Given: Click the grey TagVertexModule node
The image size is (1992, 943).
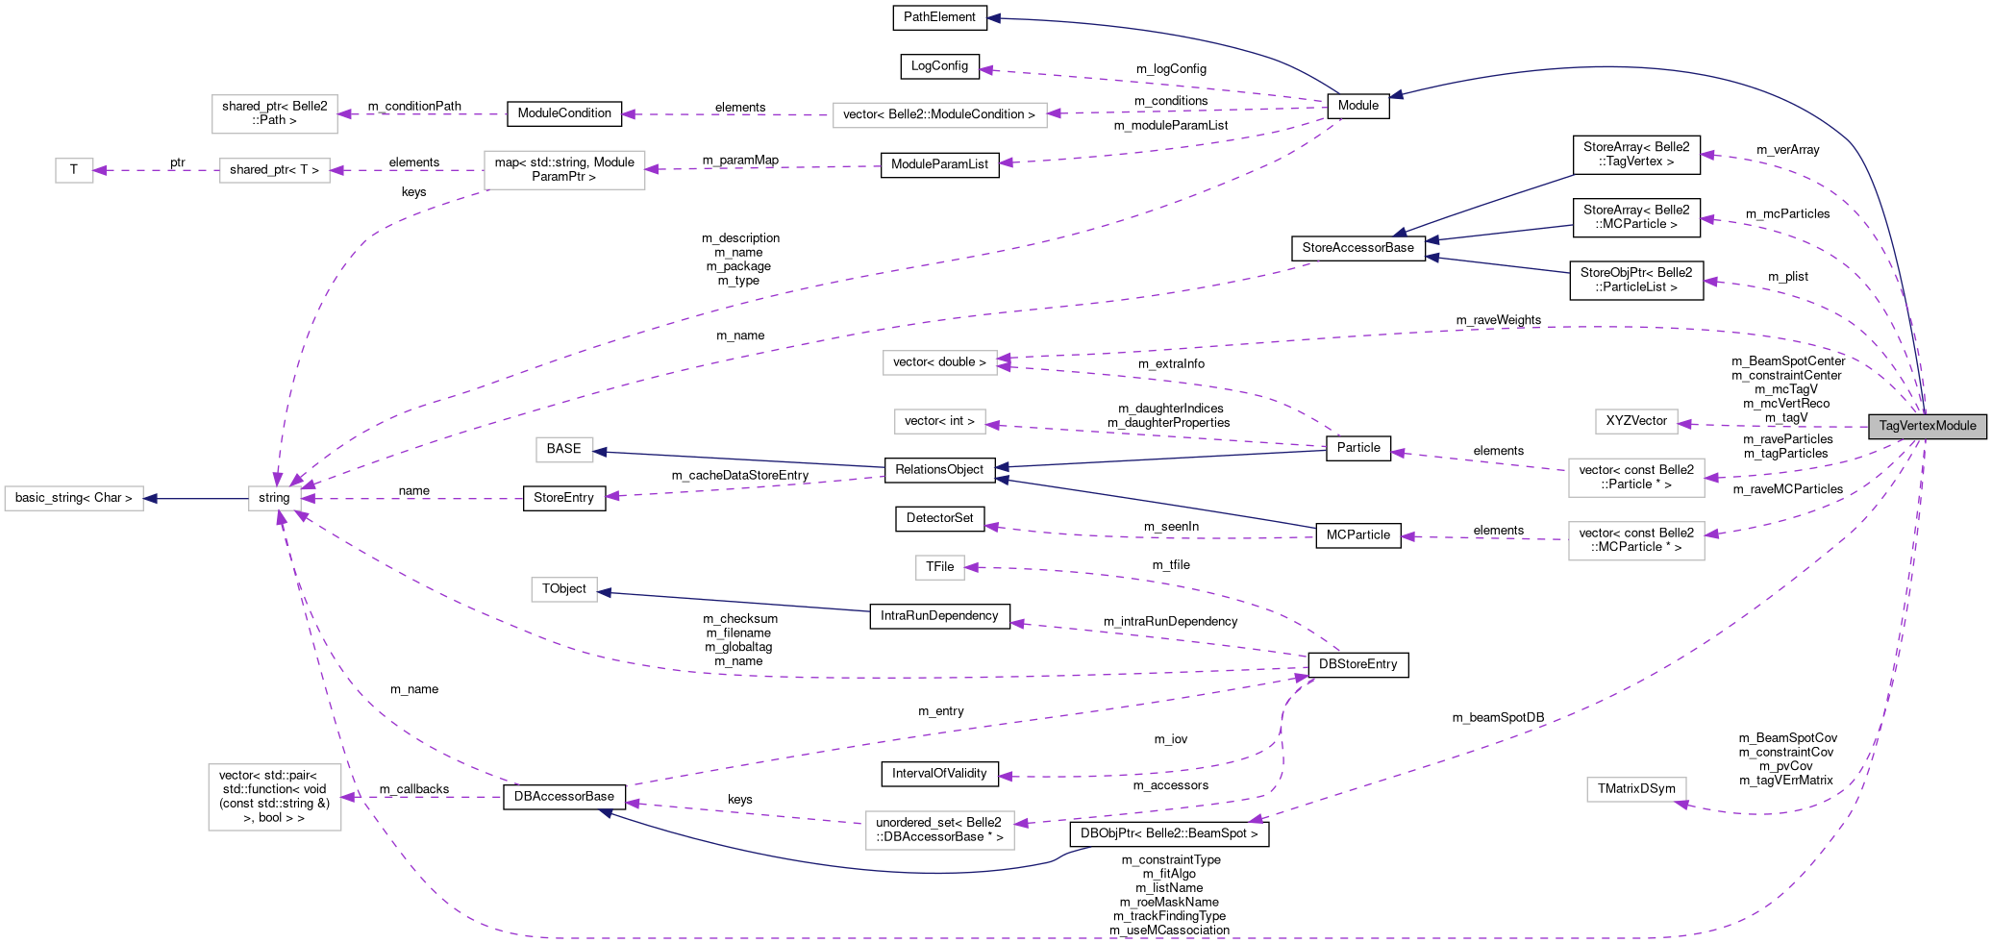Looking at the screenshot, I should coord(1927,426).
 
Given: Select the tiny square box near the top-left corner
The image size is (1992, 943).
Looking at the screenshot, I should coord(74,170).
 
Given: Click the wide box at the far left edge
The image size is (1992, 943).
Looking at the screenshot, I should coord(74,498).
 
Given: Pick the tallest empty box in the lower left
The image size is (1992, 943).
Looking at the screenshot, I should coord(275,797).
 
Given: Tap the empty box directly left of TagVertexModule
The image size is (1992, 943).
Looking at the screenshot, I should coord(1636,421).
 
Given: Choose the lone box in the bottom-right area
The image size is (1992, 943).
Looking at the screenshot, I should coord(1636,789).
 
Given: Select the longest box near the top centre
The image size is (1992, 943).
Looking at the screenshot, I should coord(939,115).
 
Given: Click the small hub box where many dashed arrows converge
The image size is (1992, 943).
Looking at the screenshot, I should coord(275,498).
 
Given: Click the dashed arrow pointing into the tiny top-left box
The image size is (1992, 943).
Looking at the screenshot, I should coord(154,170).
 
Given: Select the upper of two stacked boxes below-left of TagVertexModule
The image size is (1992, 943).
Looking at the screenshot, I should coord(1636,478).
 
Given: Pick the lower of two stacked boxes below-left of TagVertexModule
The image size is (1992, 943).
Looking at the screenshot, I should coord(1636,541).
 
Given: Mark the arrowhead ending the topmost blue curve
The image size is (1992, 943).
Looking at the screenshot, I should coord(993,18).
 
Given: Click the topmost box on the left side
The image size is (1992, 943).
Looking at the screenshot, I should coord(275,114).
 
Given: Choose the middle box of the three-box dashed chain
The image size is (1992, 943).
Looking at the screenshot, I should coord(275,170).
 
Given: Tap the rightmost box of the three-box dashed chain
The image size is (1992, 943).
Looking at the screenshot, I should coord(564,170).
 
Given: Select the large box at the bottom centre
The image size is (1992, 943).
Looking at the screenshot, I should coord(939,831).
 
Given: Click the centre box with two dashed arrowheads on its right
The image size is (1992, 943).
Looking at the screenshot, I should coord(939,362).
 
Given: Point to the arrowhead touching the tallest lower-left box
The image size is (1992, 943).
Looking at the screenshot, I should coord(348,797).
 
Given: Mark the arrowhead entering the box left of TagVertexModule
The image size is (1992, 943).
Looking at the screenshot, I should coord(1685,424).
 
